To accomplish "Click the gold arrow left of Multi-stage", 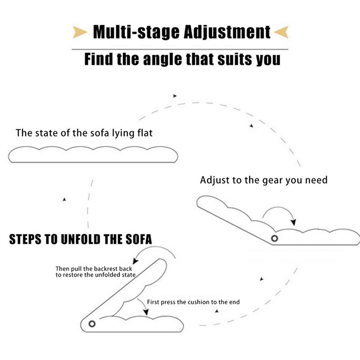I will (x=80, y=32).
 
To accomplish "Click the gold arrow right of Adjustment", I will (x=280, y=32).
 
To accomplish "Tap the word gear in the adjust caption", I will (x=271, y=180).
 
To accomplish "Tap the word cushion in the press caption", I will (x=198, y=302).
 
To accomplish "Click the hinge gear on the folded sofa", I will (x=92, y=324).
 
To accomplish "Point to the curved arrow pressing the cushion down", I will (x=143, y=307).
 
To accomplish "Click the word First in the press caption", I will (x=154, y=302).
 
